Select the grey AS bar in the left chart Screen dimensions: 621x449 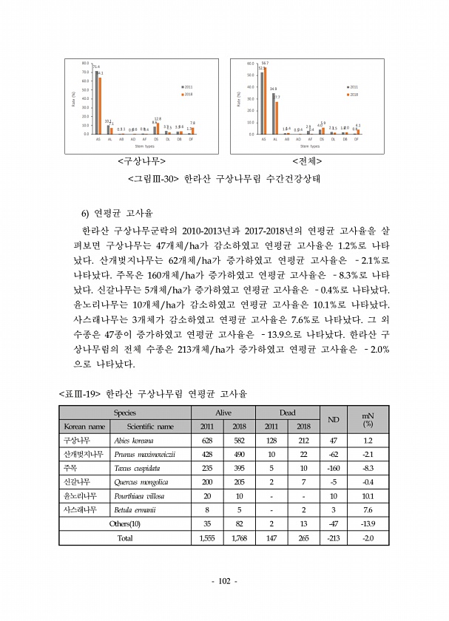pos(96,103)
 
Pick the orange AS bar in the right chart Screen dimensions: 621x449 pos(265,101)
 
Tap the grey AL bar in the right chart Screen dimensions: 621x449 pos(273,114)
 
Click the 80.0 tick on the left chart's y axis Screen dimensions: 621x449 pos(87,64)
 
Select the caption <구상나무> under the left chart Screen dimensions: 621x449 pos(141,160)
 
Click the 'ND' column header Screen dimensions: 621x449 pos(334,419)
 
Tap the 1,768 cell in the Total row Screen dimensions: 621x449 pos(239,537)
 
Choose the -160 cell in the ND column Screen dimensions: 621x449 pos(334,468)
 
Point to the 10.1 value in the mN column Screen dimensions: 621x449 pos(368,495)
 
